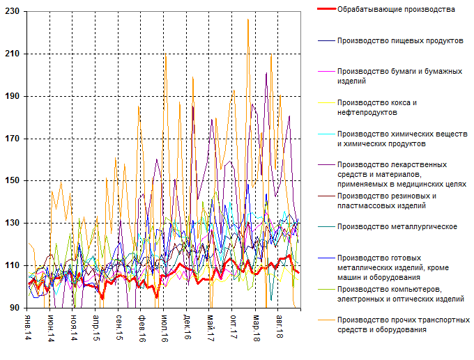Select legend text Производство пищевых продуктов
pos(399,40)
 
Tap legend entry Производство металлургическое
pos(396,226)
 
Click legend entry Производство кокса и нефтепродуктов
pos(376,107)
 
